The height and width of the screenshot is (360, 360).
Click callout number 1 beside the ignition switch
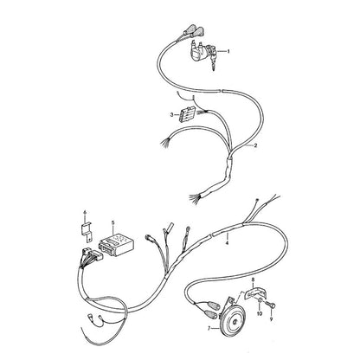click(228, 51)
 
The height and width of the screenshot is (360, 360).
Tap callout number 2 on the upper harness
click(255, 145)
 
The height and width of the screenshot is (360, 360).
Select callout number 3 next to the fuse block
click(171, 115)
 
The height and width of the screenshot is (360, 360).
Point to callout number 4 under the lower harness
click(227, 243)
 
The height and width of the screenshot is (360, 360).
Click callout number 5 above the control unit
click(112, 222)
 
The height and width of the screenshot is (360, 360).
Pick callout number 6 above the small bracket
click(85, 213)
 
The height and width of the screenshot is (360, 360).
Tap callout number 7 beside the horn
click(209, 328)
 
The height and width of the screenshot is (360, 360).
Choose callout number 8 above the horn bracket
click(254, 280)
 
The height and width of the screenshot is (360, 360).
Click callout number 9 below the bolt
click(271, 319)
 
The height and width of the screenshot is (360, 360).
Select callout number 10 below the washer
click(260, 313)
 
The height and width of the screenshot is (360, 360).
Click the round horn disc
click(234, 321)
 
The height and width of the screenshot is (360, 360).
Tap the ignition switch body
click(201, 54)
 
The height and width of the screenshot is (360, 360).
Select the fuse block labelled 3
click(186, 115)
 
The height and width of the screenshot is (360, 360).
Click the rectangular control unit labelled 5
click(116, 244)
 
